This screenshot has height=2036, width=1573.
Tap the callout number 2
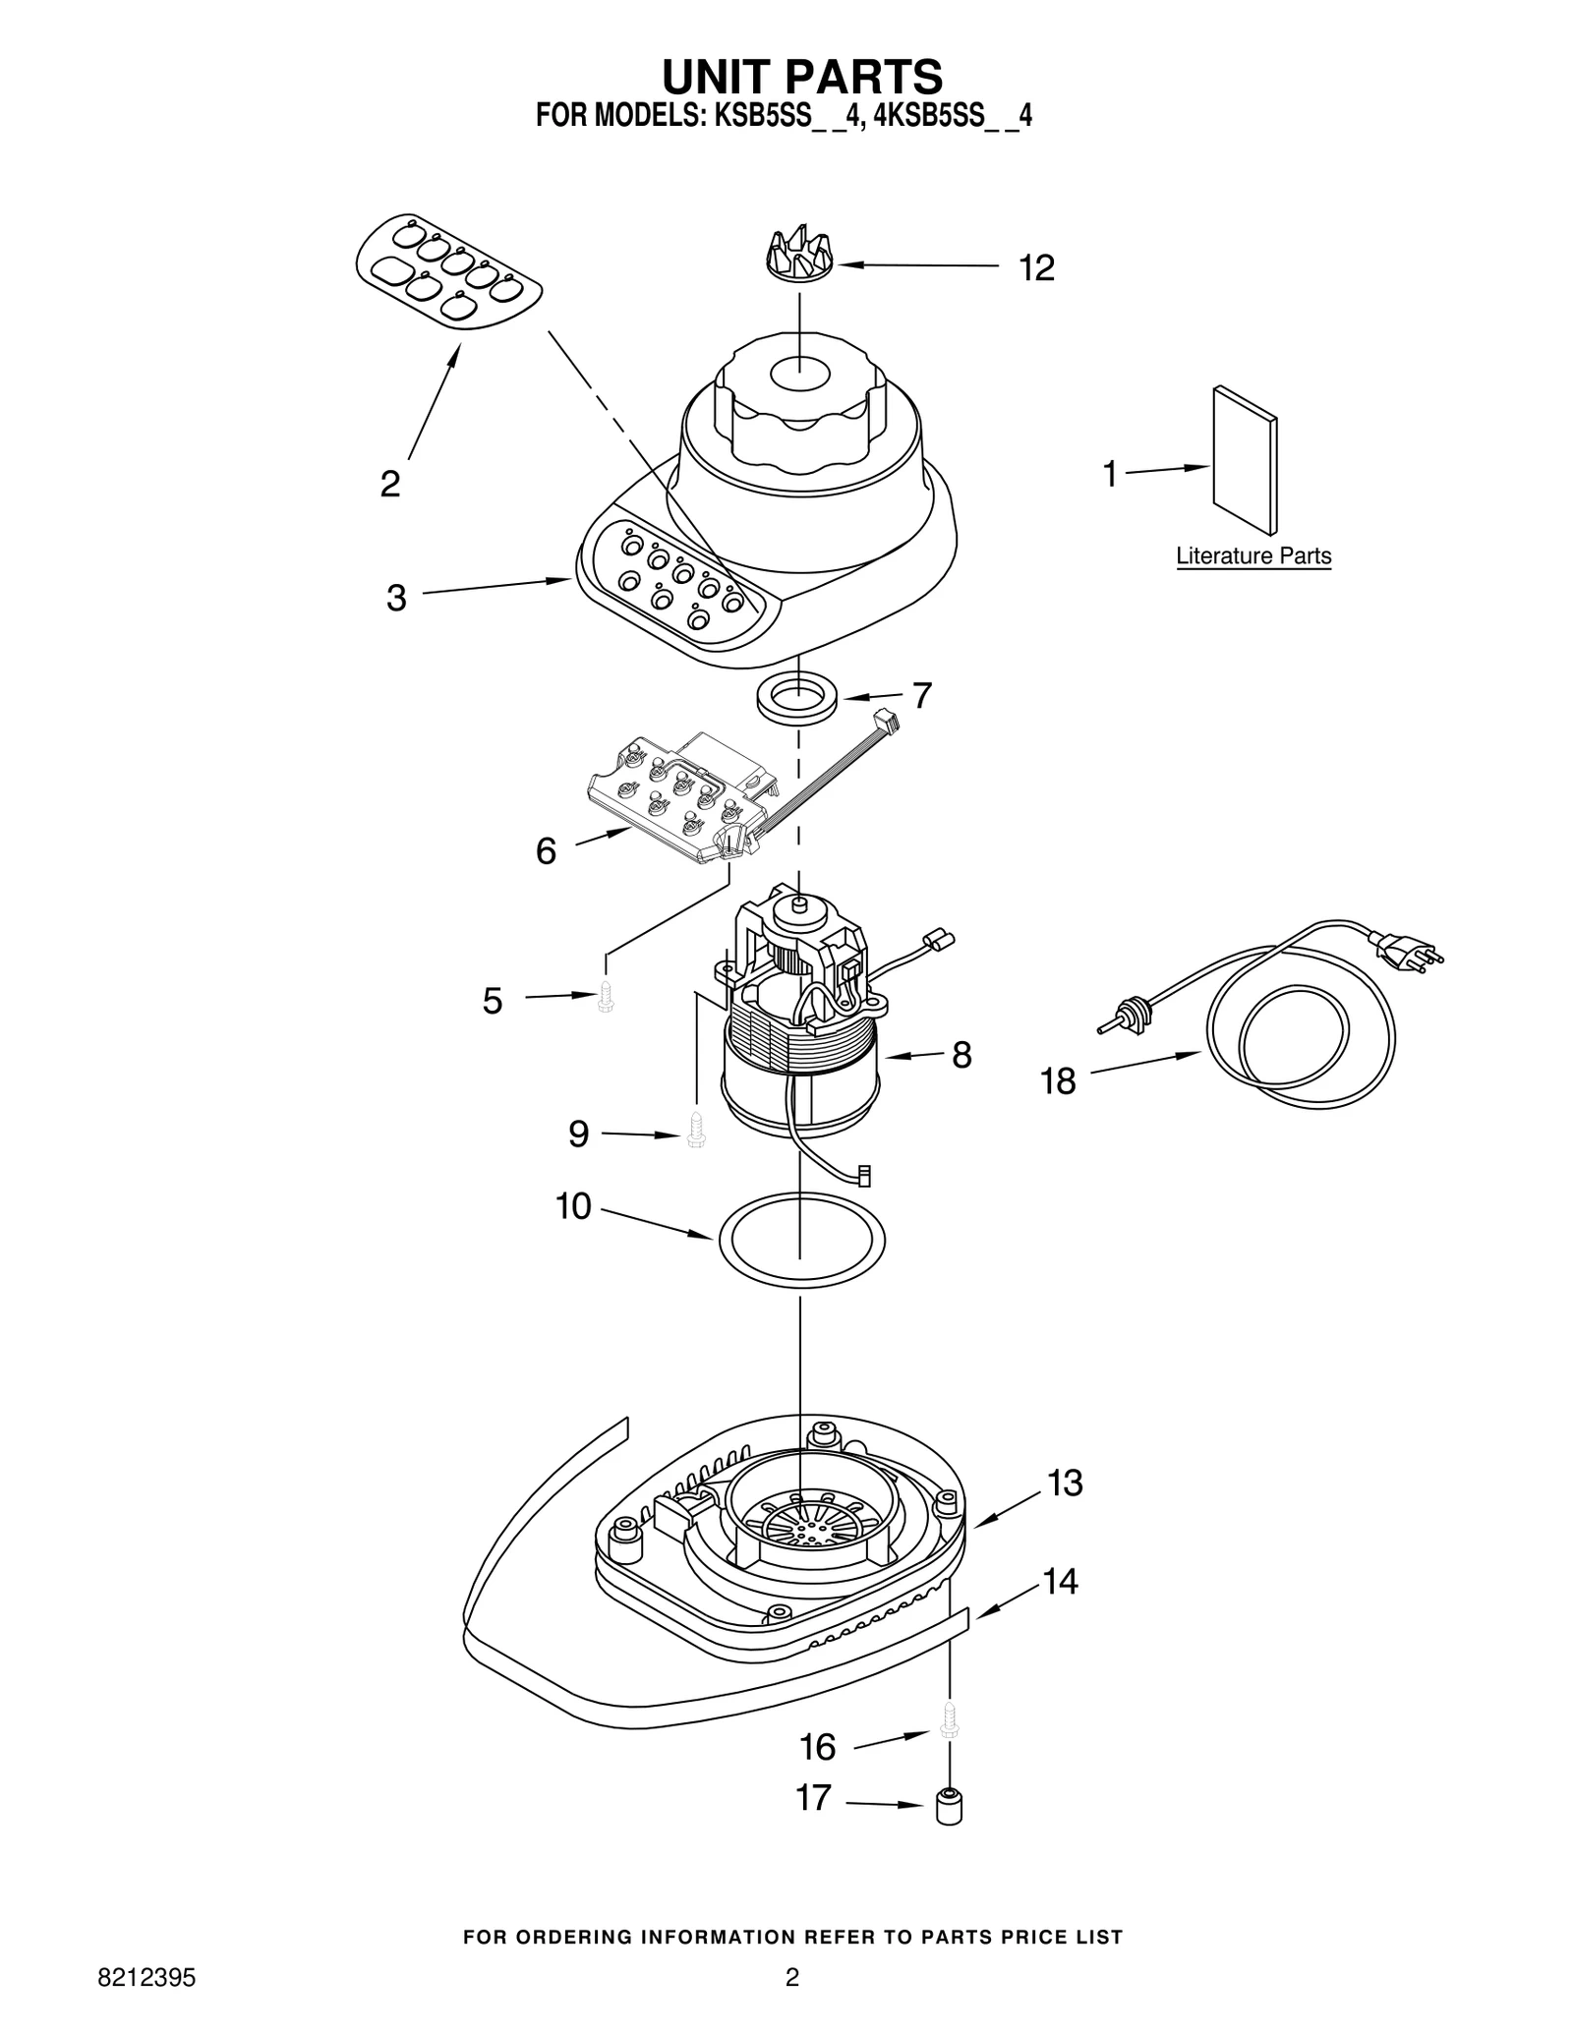[390, 484]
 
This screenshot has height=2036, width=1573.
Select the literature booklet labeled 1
[1245, 459]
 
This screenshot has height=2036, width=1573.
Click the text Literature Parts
[1253, 555]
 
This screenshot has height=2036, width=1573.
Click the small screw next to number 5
[606, 997]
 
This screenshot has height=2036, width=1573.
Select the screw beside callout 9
[696, 1131]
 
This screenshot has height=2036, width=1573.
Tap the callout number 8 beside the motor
[961, 1055]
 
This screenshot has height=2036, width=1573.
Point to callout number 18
[1059, 1082]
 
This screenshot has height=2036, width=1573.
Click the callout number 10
[573, 1206]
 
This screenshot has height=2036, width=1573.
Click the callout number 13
[1064, 1510]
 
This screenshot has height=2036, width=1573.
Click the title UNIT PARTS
[800, 77]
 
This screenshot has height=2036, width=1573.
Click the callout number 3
[396, 597]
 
